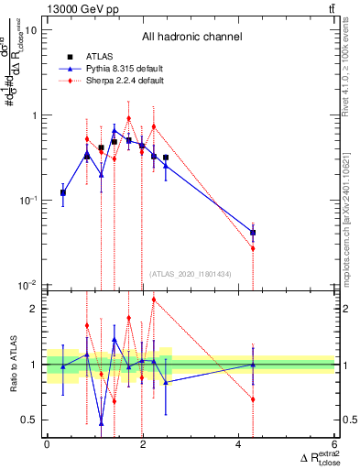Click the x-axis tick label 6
pos(335,445)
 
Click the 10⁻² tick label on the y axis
pos(27,285)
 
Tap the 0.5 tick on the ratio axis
pos(30,420)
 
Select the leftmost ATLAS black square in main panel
pos(62,192)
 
